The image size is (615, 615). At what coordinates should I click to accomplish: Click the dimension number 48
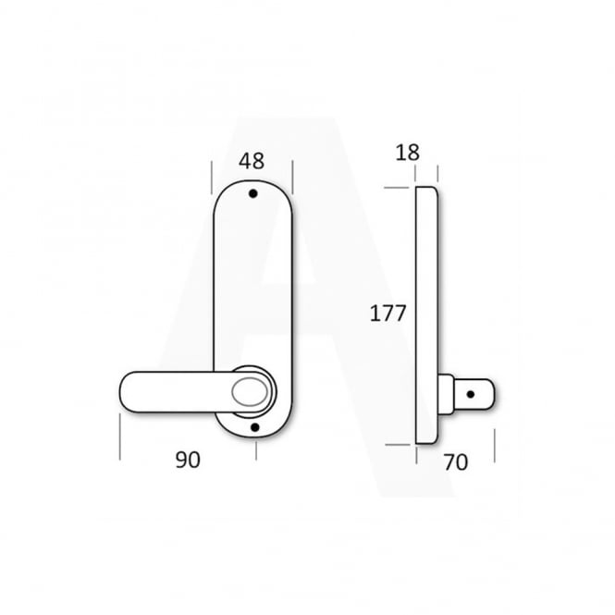click(x=252, y=161)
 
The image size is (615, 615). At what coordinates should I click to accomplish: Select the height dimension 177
click(x=388, y=313)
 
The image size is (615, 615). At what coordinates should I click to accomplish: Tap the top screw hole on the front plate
click(x=253, y=195)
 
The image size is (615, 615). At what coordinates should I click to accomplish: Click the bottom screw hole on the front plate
click(x=254, y=427)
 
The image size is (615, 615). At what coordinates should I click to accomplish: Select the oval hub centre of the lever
click(x=251, y=390)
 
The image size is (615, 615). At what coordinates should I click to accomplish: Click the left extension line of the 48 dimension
click(x=213, y=173)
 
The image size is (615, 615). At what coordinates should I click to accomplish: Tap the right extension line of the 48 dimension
click(x=293, y=173)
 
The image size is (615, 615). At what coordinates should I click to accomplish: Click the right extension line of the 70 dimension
click(x=495, y=446)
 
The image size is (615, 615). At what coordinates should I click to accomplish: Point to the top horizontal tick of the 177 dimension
click(x=397, y=189)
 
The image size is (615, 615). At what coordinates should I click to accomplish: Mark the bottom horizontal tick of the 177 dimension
click(x=397, y=445)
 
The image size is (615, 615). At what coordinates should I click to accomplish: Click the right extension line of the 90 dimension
click(x=254, y=449)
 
